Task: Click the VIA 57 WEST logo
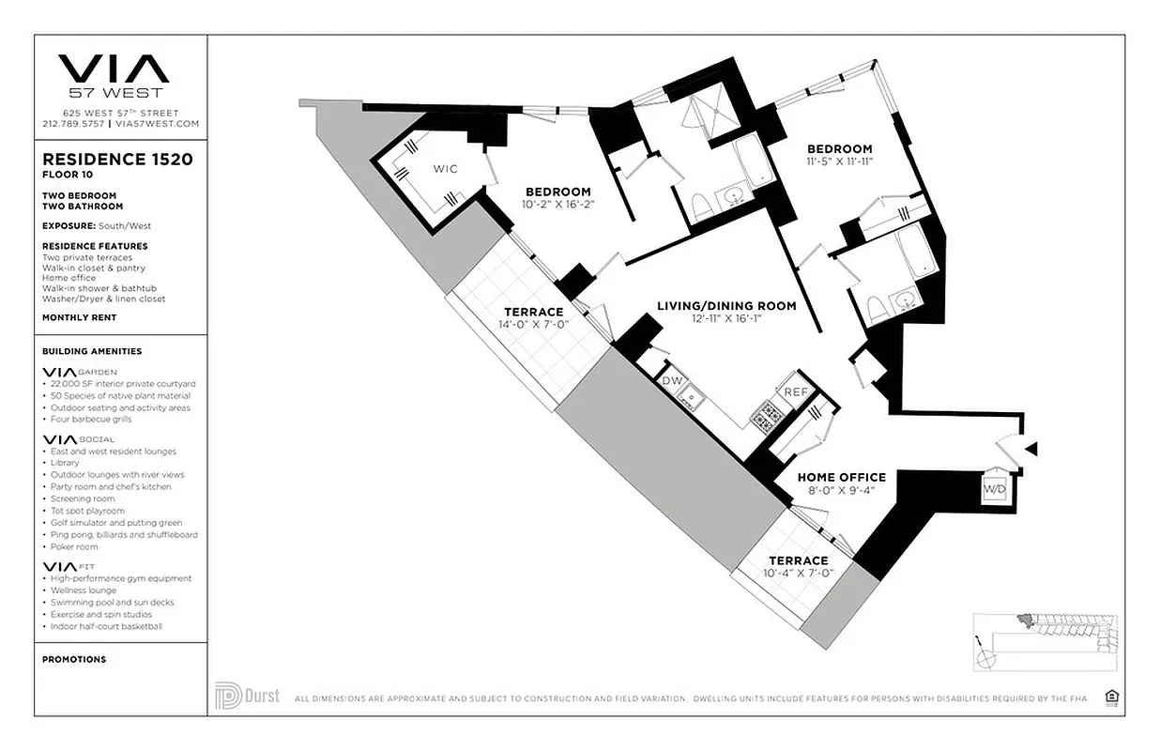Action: pyautogui.click(x=114, y=75)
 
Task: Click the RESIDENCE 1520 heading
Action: pyautogui.click(x=117, y=160)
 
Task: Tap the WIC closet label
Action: pyautogui.click(x=444, y=169)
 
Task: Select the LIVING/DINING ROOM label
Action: pyautogui.click(x=726, y=306)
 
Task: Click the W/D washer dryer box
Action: pyautogui.click(x=993, y=490)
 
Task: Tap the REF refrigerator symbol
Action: pyautogui.click(x=796, y=392)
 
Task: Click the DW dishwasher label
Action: pyautogui.click(x=670, y=382)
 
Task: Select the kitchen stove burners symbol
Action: pyautogui.click(x=765, y=416)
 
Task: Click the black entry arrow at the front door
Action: pyautogui.click(x=1030, y=450)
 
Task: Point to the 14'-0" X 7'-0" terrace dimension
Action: pyautogui.click(x=533, y=325)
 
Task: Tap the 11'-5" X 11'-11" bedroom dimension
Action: pyautogui.click(x=840, y=161)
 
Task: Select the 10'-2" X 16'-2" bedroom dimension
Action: pyautogui.click(x=557, y=205)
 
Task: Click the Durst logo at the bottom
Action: pyautogui.click(x=248, y=696)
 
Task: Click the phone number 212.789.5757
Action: pyautogui.click(x=74, y=124)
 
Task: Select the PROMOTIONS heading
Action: pyautogui.click(x=74, y=659)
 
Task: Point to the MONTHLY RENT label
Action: pyautogui.click(x=81, y=317)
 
